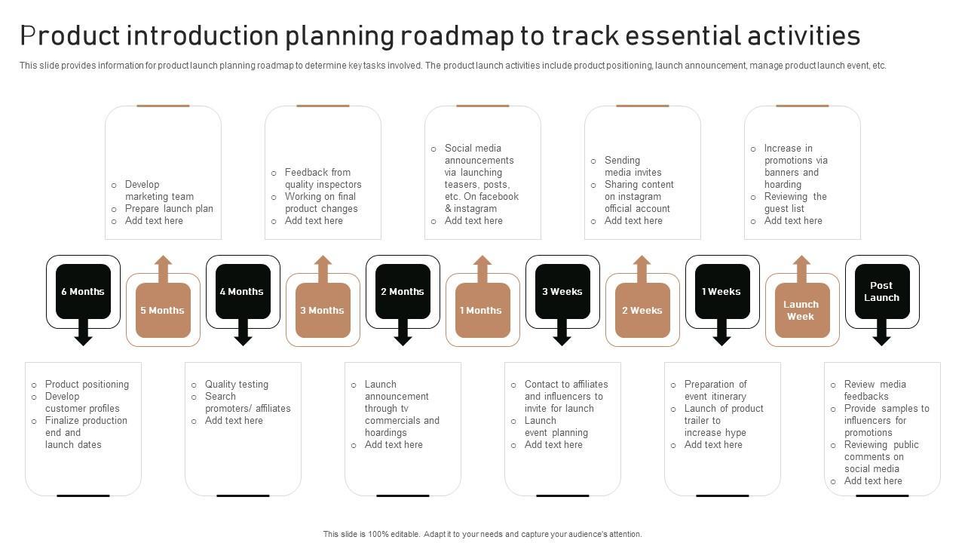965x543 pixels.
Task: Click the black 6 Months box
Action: pos(83,291)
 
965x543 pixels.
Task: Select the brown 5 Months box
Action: pos(163,310)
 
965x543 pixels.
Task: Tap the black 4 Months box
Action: pos(242,291)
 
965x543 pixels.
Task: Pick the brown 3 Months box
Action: pos(323,310)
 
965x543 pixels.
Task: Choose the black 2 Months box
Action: pos(403,291)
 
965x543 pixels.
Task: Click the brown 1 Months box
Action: pos(482,310)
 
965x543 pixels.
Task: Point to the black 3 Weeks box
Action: pos(562,291)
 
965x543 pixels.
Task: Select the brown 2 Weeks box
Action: pos(642,310)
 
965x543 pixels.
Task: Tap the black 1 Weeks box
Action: pos(721,291)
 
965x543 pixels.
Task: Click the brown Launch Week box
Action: pos(801,310)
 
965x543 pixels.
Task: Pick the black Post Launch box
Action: pos(881,291)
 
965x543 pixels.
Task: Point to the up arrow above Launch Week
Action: pos(802,267)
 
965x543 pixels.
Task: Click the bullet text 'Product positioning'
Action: pos(87,384)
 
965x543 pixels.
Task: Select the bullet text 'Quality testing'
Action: pos(237,384)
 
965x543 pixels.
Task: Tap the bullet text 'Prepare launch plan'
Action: pos(169,208)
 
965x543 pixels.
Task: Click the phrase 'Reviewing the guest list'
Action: pos(795,202)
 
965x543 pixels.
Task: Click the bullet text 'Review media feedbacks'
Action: pos(875,390)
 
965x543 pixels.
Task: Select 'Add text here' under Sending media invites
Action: pos(633,220)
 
